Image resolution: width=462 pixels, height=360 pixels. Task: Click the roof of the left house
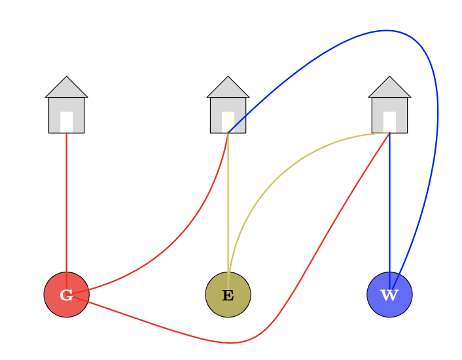tap(66, 88)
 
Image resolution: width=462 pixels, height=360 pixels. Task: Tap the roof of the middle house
tap(228, 88)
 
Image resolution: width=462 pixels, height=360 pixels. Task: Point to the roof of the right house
tap(389, 88)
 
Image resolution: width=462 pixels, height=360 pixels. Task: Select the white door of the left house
tap(66, 122)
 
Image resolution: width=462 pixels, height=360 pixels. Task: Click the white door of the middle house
tap(228, 122)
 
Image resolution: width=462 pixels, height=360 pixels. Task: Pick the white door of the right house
tap(389, 122)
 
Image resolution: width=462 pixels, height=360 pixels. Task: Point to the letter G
tap(66, 295)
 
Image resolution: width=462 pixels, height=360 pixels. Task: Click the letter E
tap(228, 295)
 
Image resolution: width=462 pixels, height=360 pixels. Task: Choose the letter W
tap(389, 295)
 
